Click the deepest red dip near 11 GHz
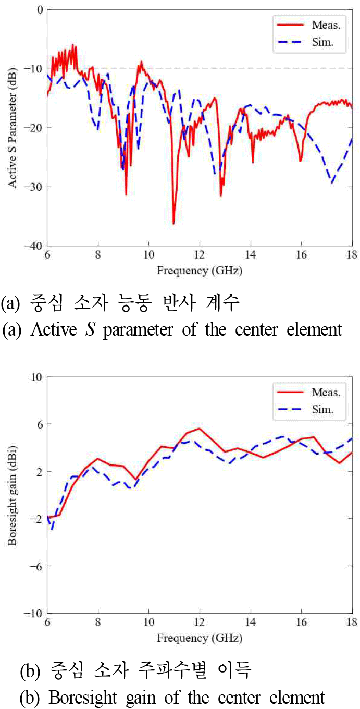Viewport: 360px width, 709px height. (173, 223)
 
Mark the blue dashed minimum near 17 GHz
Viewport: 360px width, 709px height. (331, 182)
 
